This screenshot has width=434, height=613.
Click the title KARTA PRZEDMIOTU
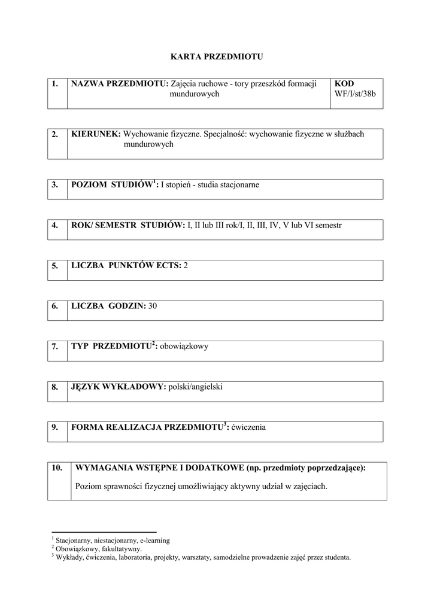[x=217, y=57]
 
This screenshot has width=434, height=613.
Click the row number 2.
[x=55, y=134]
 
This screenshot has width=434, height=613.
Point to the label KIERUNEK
[x=96, y=134]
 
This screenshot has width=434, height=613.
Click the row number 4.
[x=55, y=225]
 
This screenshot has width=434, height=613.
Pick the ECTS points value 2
[x=186, y=265]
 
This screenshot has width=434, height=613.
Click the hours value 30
[x=152, y=305]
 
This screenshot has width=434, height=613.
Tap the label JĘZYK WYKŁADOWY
[x=118, y=387]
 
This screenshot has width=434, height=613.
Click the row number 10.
[x=57, y=468]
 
